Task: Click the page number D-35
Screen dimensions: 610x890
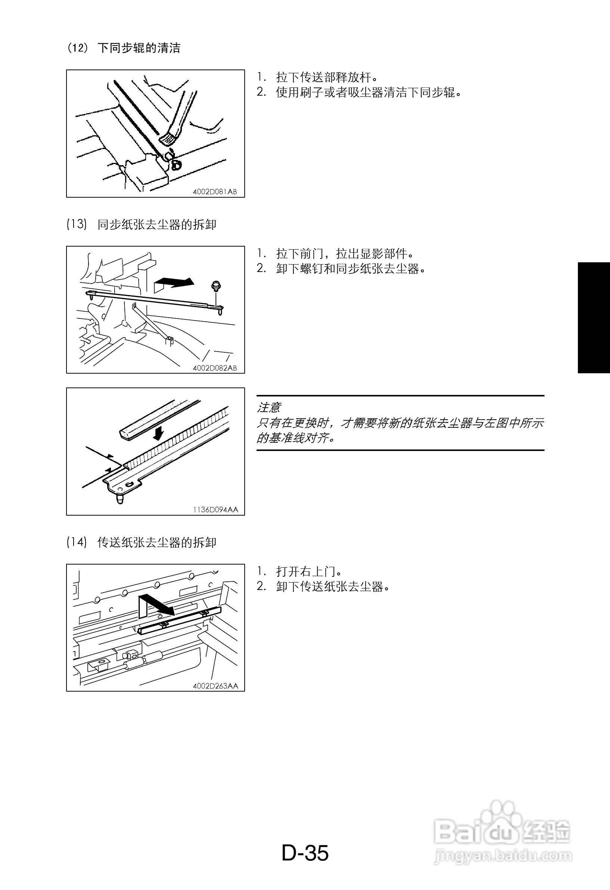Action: click(305, 853)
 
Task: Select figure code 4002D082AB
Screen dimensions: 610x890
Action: click(215, 368)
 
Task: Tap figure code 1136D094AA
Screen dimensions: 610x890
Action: click(216, 510)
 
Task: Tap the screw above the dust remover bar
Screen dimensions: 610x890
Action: click(216, 286)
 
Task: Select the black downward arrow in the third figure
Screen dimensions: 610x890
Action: click(157, 433)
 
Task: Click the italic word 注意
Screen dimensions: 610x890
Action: click(269, 407)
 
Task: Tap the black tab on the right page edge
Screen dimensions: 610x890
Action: click(594, 318)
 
